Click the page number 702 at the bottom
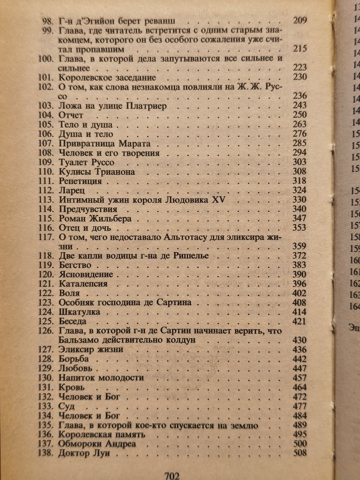point(172,475)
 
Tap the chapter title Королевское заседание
point(107,77)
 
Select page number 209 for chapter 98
point(300,20)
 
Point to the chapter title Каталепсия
point(83,284)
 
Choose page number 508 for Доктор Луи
point(300,453)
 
